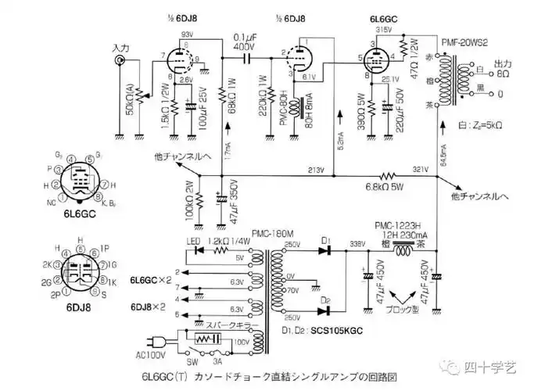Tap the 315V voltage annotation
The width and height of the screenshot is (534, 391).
[x=384, y=30]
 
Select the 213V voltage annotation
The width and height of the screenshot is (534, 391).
[x=316, y=169]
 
